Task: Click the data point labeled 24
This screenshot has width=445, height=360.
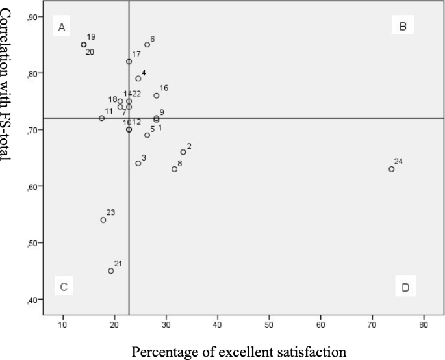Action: click(x=391, y=169)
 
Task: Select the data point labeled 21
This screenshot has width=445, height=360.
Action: click(x=111, y=271)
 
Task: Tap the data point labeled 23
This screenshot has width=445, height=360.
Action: click(x=103, y=220)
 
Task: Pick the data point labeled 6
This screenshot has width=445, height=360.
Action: click(x=147, y=45)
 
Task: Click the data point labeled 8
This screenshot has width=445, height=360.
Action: click(x=174, y=169)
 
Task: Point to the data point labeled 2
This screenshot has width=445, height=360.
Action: click(x=183, y=152)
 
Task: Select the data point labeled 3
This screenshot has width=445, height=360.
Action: click(x=138, y=163)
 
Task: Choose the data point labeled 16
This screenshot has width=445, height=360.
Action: click(x=157, y=96)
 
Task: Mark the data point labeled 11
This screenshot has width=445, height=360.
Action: click(x=101, y=118)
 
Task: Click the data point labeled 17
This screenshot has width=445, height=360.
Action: click(x=129, y=62)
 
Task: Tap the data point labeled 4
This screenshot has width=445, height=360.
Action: click(x=138, y=79)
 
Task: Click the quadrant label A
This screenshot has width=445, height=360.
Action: click(x=62, y=27)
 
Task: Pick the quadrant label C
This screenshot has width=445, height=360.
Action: click(x=64, y=287)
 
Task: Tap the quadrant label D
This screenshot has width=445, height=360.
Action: click(x=405, y=287)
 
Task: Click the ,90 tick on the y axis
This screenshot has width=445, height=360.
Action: click(x=32, y=18)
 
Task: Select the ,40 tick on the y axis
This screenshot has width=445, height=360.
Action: click(x=32, y=300)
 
